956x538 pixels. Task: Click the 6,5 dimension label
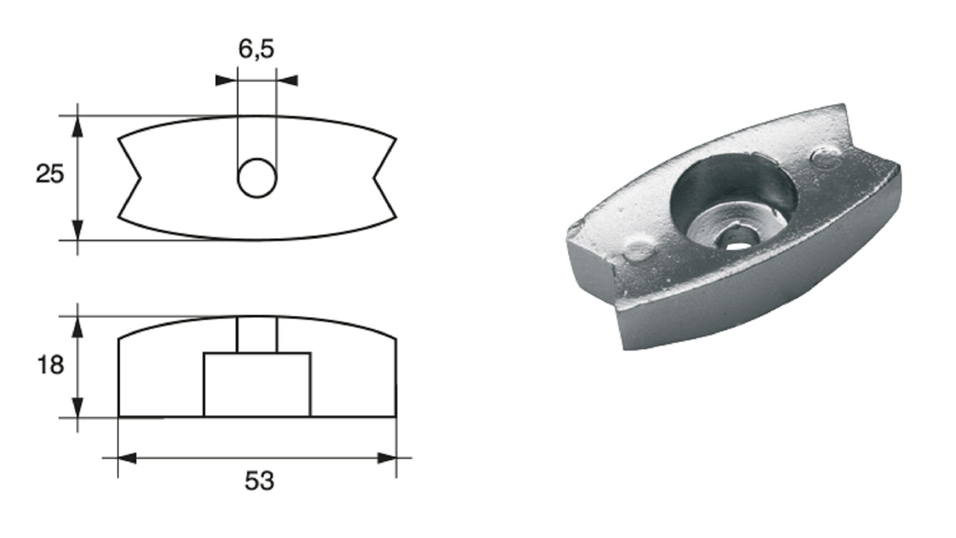tap(256, 50)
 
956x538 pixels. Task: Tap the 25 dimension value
tap(50, 174)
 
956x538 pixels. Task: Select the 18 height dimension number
tap(50, 366)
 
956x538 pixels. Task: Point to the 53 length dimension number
tap(259, 481)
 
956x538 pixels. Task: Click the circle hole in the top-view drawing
tap(257, 178)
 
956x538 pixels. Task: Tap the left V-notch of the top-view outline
tap(130, 178)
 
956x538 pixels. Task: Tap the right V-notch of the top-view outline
tap(384, 178)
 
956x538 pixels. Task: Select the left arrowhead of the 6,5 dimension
tap(227, 80)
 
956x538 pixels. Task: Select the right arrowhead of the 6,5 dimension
tap(287, 80)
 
